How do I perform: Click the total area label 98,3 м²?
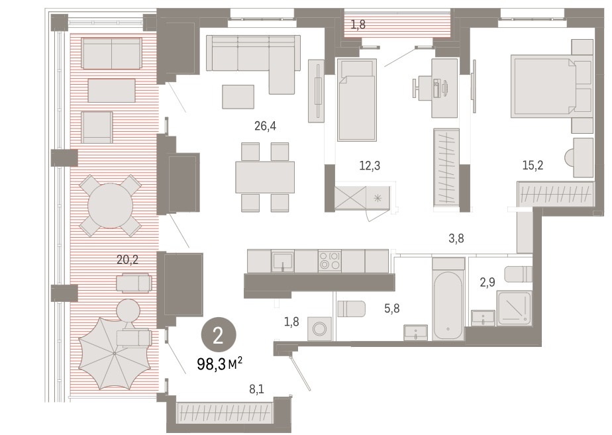tap(220, 364)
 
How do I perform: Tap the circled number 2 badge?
tap(219, 336)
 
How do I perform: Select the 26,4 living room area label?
tap(265, 126)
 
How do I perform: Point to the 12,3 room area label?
tap(369, 166)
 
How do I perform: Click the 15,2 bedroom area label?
tap(533, 166)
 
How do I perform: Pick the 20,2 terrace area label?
tap(128, 259)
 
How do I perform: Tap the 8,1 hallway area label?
tap(256, 389)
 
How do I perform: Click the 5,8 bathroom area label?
tap(391, 309)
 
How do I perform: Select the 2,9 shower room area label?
tap(487, 282)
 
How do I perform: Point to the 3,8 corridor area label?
tap(456, 238)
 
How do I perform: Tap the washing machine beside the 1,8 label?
tap(320, 329)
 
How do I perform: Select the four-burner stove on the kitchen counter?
tap(330, 261)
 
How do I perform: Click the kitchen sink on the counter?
tap(283, 262)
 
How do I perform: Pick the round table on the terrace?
tap(111, 206)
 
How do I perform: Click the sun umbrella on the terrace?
tap(115, 353)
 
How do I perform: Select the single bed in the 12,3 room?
tap(357, 100)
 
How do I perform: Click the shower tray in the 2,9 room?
tap(514, 309)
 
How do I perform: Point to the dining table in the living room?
tap(265, 177)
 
